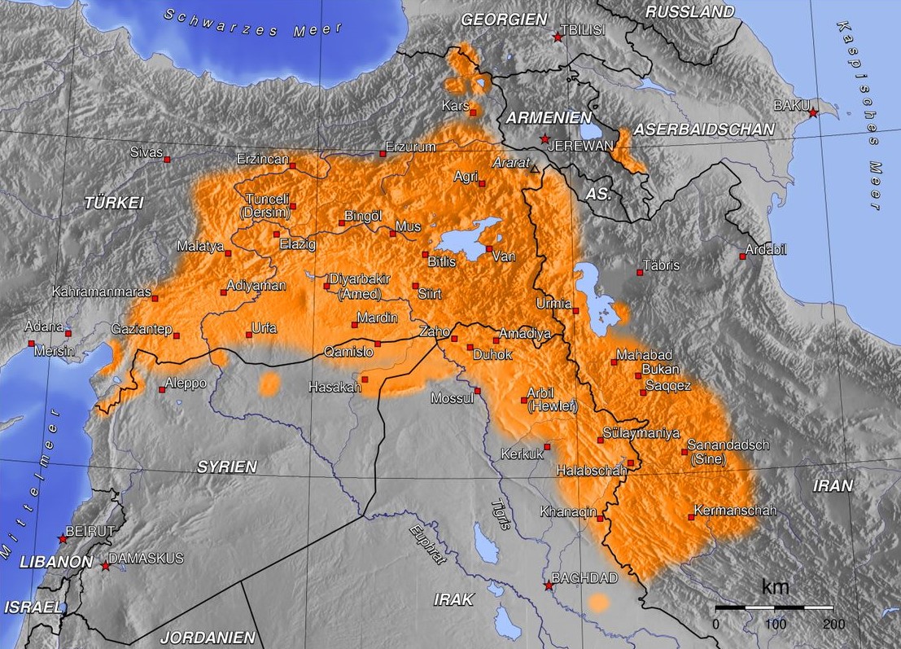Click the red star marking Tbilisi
558,37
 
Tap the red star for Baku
812,112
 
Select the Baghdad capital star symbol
549,585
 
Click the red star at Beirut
63,538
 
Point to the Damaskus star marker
105,565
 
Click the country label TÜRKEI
114,204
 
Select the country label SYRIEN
226,467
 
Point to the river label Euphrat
428,542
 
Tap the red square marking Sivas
167,160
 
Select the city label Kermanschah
735,511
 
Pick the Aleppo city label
186,383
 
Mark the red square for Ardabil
742,257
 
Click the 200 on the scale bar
833,624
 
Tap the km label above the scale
775,586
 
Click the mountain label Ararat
510,162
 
